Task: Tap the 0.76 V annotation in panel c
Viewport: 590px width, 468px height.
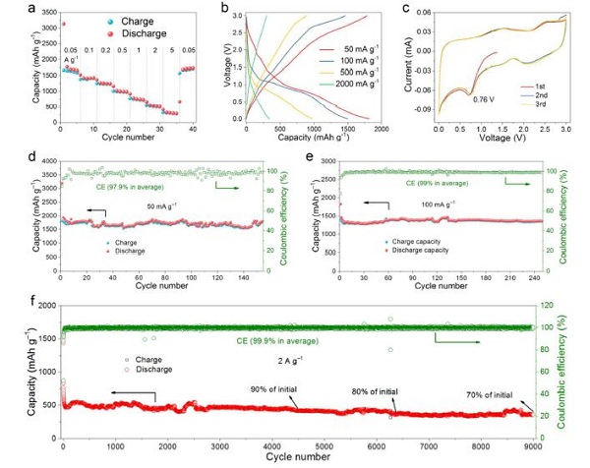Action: [484, 99]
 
